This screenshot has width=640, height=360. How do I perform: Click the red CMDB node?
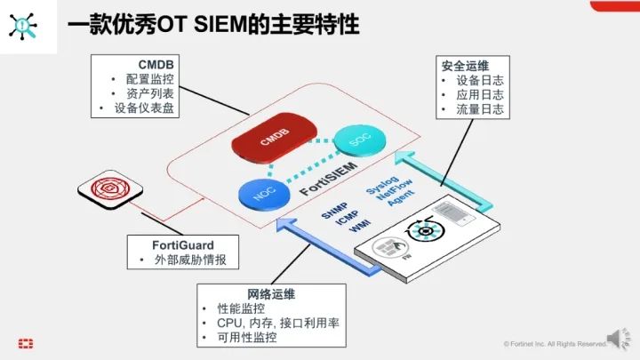(x=269, y=143)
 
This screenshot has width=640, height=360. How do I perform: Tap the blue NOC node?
(x=260, y=193)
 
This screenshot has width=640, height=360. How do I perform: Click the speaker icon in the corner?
(x=616, y=339)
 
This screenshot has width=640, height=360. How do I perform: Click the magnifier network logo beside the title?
(x=24, y=25)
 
